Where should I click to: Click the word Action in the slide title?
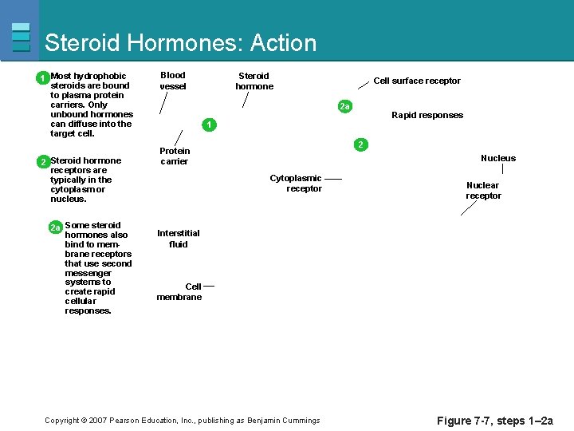point(283,43)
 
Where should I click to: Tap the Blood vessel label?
point(173,81)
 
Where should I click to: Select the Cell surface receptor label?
point(417,81)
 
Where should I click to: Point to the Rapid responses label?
point(427,115)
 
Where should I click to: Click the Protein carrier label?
point(175,156)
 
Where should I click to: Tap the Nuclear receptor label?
point(483,190)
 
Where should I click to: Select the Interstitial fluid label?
point(179,239)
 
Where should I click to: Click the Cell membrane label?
point(179,291)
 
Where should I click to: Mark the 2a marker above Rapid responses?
point(344,106)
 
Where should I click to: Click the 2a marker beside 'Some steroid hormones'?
point(55,227)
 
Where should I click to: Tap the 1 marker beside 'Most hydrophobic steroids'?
point(41,78)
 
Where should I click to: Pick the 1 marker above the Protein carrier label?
point(208,125)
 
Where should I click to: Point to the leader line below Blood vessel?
point(164,103)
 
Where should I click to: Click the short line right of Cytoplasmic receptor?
point(333,178)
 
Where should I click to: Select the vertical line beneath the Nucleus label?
point(502,170)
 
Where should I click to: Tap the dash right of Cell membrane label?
point(209,286)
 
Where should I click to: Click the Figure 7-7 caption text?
point(495,421)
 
